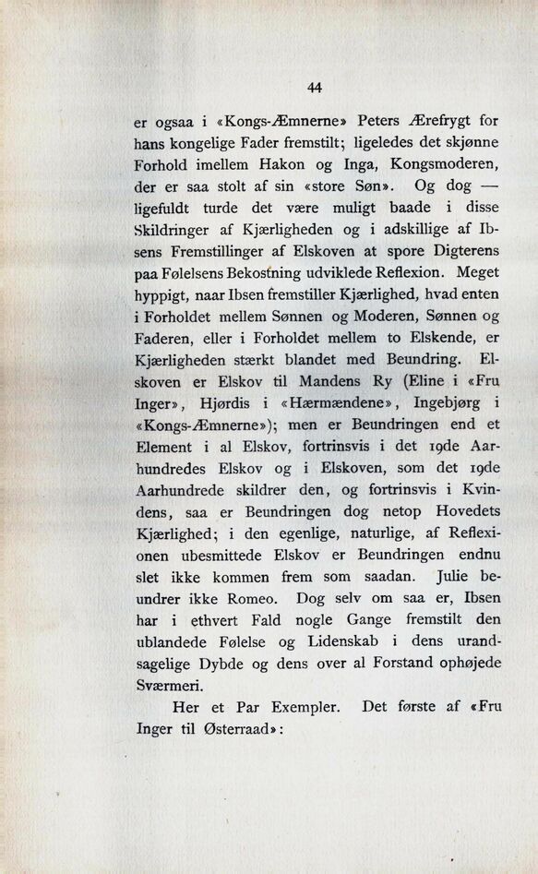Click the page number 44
(315, 88)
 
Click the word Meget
(478, 273)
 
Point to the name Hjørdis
(231, 403)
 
